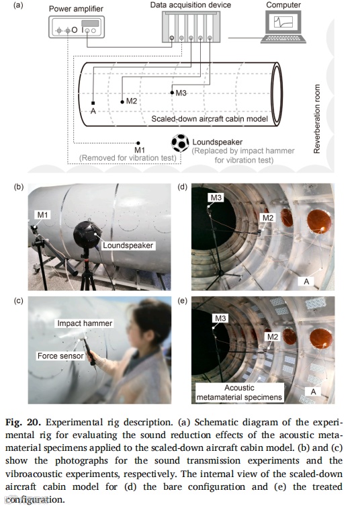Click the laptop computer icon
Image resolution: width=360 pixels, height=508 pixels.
pyautogui.click(x=283, y=27)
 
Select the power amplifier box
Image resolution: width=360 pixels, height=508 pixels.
pyautogui.click(x=77, y=27)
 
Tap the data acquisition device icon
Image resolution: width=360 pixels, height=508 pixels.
pyautogui.click(x=191, y=27)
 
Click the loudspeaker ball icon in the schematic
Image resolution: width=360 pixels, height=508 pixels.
pyautogui.click(x=180, y=143)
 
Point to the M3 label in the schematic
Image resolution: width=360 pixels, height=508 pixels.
pyautogui.click(x=181, y=93)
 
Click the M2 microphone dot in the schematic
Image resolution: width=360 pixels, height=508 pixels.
pyautogui.click(x=122, y=102)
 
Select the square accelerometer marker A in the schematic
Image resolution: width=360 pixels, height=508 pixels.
pyautogui.click(x=93, y=103)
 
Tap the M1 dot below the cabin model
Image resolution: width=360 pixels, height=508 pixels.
pyautogui.click(x=138, y=143)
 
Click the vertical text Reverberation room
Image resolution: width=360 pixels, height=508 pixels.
pyautogui.click(x=316, y=119)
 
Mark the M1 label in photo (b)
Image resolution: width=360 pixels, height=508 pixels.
pyautogui.click(x=43, y=215)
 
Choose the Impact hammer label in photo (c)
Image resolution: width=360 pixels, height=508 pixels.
pyautogui.click(x=85, y=323)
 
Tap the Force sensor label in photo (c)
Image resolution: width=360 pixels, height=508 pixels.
pyautogui.click(x=60, y=355)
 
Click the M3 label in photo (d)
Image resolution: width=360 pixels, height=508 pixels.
pyautogui.click(x=216, y=198)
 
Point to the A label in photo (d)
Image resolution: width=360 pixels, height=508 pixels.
pyautogui.click(x=306, y=281)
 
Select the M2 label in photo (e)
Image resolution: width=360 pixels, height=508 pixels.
pyautogui.click(x=273, y=337)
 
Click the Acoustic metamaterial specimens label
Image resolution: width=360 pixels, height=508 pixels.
pyautogui.click(x=239, y=392)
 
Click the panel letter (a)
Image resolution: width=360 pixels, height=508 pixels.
pyautogui.click(x=18, y=5)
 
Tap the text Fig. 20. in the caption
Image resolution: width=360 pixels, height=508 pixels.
pyautogui.click(x=23, y=423)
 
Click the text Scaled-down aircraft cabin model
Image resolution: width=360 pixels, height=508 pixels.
pyautogui.click(x=210, y=119)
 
